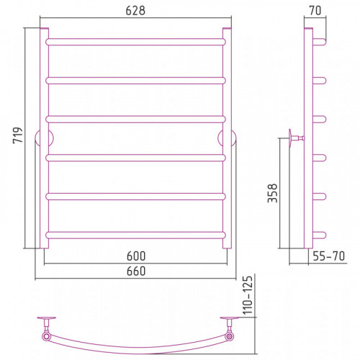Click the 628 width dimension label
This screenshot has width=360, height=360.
(x=135, y=11)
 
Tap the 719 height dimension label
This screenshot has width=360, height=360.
(x=18, y=135)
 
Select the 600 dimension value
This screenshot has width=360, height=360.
(x=136, y=256)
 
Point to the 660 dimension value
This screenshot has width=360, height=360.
(x=136, y=271)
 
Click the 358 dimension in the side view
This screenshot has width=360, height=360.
(x=273, y=193)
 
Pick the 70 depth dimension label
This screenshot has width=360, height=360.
(x=315, y=11)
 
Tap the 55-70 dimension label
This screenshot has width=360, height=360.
(x=329, y=256)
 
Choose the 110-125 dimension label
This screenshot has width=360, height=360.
(x=248, y=295)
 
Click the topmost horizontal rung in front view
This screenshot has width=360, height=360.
(x=135, y=42)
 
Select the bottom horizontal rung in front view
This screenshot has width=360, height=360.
(x=135, y=235)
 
